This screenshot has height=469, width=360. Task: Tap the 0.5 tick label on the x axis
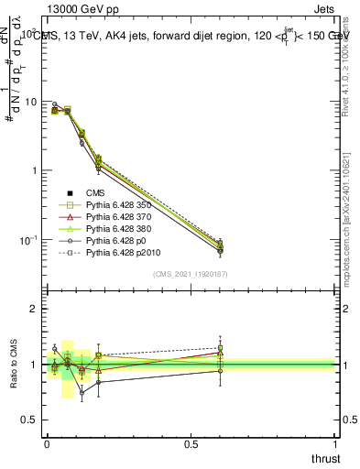[x=191, y=442]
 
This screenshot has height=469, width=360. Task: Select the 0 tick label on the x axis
[x=47, y=442]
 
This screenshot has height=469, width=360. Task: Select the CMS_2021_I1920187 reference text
[x=191, y=274]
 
